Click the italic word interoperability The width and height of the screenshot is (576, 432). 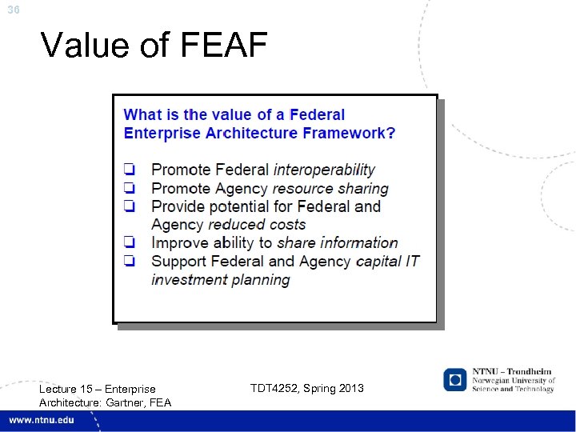point(324,170)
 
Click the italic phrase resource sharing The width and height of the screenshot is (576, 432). point(330,188)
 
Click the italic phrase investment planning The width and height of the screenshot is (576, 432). point(221,279)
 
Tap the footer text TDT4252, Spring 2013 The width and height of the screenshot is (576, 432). point(306,388)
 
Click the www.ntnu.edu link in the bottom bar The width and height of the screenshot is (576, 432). point(42,421)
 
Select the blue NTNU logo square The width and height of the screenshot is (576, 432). point(455,379)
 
